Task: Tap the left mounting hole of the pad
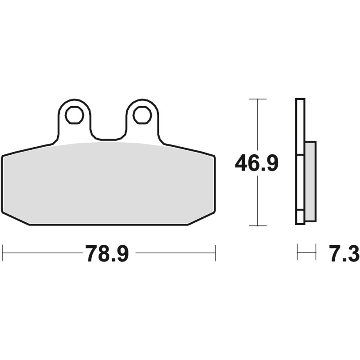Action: point(74,115)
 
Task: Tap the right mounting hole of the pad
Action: point(142,115)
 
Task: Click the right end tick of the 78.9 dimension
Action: point(216,253)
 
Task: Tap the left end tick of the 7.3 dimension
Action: point(297,253)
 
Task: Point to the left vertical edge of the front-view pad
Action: point(2,184)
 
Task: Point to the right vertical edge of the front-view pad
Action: point(215,184)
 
